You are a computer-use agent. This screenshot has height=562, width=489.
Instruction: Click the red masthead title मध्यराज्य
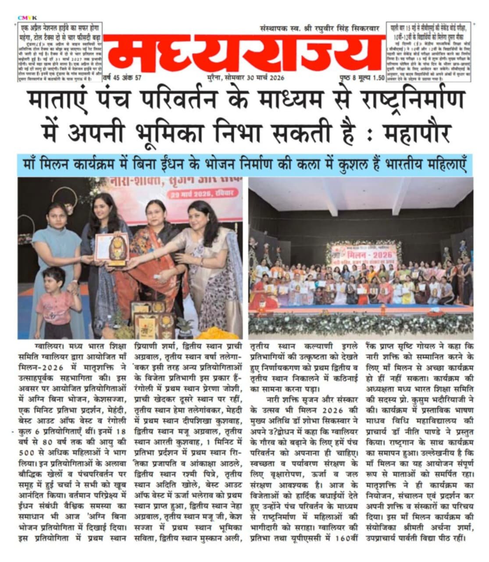243,54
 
